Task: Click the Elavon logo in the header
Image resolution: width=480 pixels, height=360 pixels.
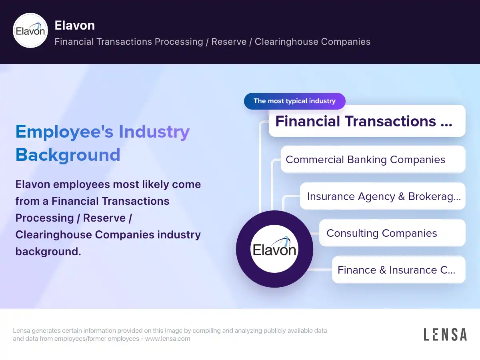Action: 30,31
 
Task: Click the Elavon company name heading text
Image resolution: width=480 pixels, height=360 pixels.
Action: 74,25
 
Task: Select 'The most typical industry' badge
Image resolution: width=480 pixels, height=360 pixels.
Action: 294,101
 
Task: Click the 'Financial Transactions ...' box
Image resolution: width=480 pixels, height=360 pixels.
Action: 367,121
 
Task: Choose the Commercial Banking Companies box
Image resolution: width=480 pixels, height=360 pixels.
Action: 373,160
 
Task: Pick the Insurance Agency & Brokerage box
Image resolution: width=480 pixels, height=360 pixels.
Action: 383,196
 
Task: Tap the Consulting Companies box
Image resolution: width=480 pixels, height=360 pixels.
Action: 392,233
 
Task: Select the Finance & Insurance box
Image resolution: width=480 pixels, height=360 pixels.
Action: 398,270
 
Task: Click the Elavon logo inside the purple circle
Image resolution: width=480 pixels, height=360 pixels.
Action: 274,249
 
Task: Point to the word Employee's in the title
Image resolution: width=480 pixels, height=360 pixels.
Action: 64,132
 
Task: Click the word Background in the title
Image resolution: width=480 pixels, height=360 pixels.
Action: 68,155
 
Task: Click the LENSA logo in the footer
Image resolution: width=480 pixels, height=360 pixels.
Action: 445,334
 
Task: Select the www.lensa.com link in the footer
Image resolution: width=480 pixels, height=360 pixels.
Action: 168,339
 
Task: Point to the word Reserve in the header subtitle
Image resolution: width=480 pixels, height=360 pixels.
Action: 229,42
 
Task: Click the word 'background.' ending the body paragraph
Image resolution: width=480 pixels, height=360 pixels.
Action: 48,252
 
